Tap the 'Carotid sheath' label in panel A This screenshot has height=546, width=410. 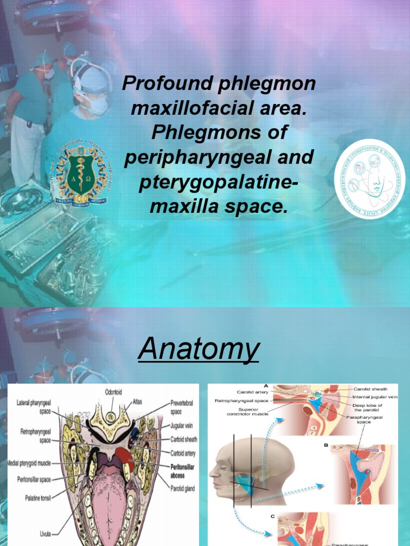tap(377, 389)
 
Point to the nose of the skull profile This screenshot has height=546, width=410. tap(211, 472)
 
